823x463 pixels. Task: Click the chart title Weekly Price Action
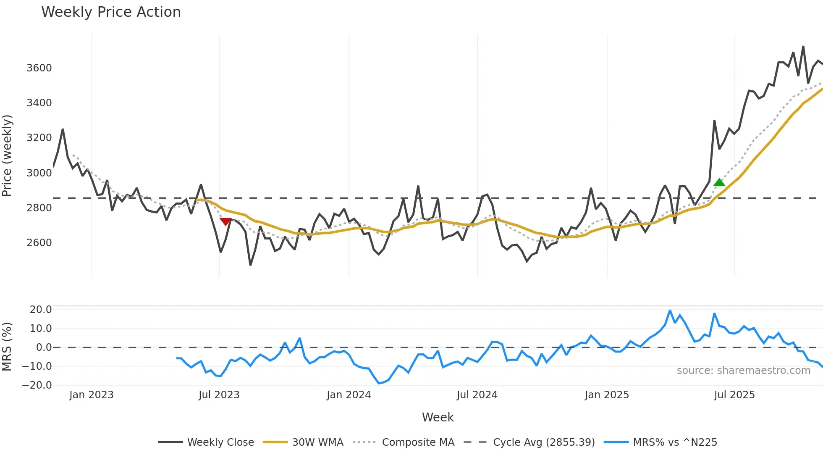(111, 12)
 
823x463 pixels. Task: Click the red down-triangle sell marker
(225, 221)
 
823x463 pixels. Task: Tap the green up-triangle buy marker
(719, 182)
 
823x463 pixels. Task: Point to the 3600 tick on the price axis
(39, 68)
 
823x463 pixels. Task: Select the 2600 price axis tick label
(39, 243)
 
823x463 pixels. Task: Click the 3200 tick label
(39, 138)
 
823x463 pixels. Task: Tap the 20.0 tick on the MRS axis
(41, 310)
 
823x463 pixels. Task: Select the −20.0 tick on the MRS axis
(37, 385)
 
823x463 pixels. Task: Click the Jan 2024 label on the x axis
(349, 395)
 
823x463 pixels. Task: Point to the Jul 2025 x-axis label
(734, 395)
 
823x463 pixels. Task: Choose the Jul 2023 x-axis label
(219, 395)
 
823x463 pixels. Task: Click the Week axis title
(438, 417)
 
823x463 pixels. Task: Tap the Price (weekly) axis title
(7, 155)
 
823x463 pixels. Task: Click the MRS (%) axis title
(7, 347)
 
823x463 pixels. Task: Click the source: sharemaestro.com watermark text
(743, 371)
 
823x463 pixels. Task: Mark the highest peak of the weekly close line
(803, 47)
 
